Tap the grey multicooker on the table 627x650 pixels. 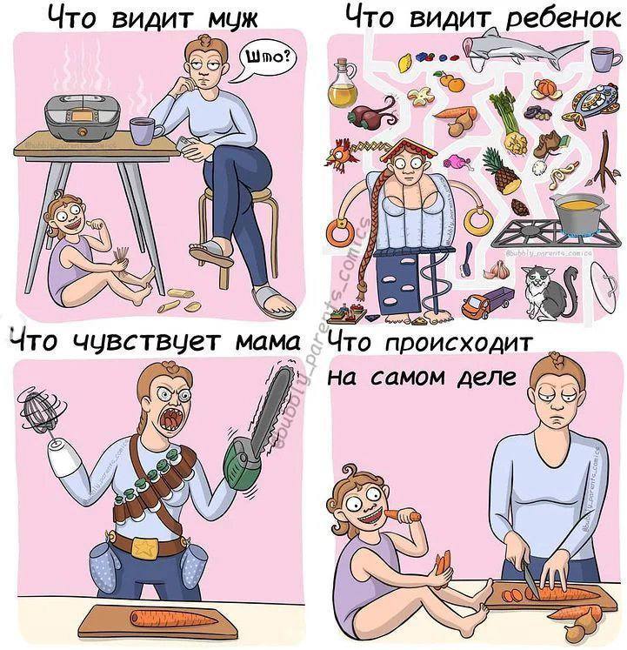(x=83, y=116)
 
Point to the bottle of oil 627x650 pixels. (x=343, y=83)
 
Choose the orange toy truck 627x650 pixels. (x=486, y=303)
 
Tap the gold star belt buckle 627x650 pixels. (x=146, y=547)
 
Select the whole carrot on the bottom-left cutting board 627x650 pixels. (x=173, y=619)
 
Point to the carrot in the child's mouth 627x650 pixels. (x=402, y=516)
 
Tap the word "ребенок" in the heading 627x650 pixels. (x=564, y=18)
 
